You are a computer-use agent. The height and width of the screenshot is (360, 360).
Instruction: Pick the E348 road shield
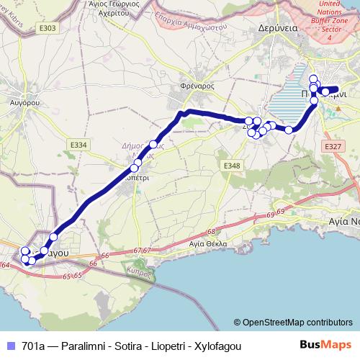(231, 166)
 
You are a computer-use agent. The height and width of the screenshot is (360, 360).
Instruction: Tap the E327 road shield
(333, 146)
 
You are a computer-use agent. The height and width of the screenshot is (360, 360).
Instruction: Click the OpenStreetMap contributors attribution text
(296, 323)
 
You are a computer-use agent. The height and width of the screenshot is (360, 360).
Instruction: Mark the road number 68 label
(210, 232)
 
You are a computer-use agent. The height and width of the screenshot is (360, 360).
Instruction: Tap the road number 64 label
(6, 266)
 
